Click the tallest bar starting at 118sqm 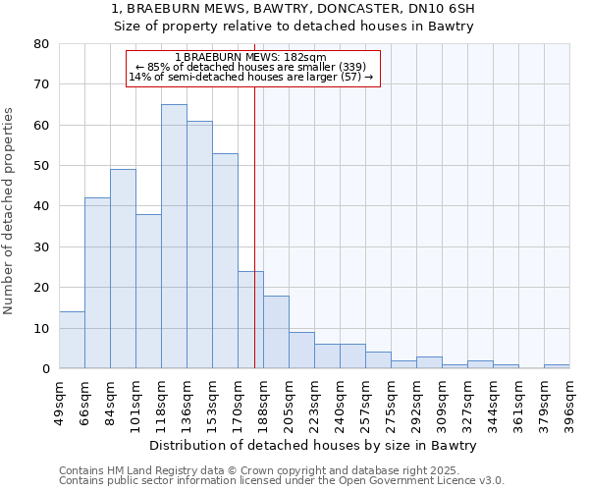[174, 236]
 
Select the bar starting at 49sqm [72, 340]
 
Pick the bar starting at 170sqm [250, 319]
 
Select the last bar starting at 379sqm [557, 366]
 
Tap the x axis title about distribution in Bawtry [314, 445]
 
